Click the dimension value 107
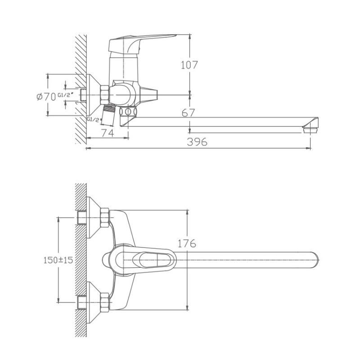[x=189, y=65]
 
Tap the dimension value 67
[x=189, y=113]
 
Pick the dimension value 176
[x=187, y=243]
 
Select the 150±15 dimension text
[x=58, y=260]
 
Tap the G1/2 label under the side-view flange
[x=93, y=119]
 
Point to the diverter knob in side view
[x=148, y=95]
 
